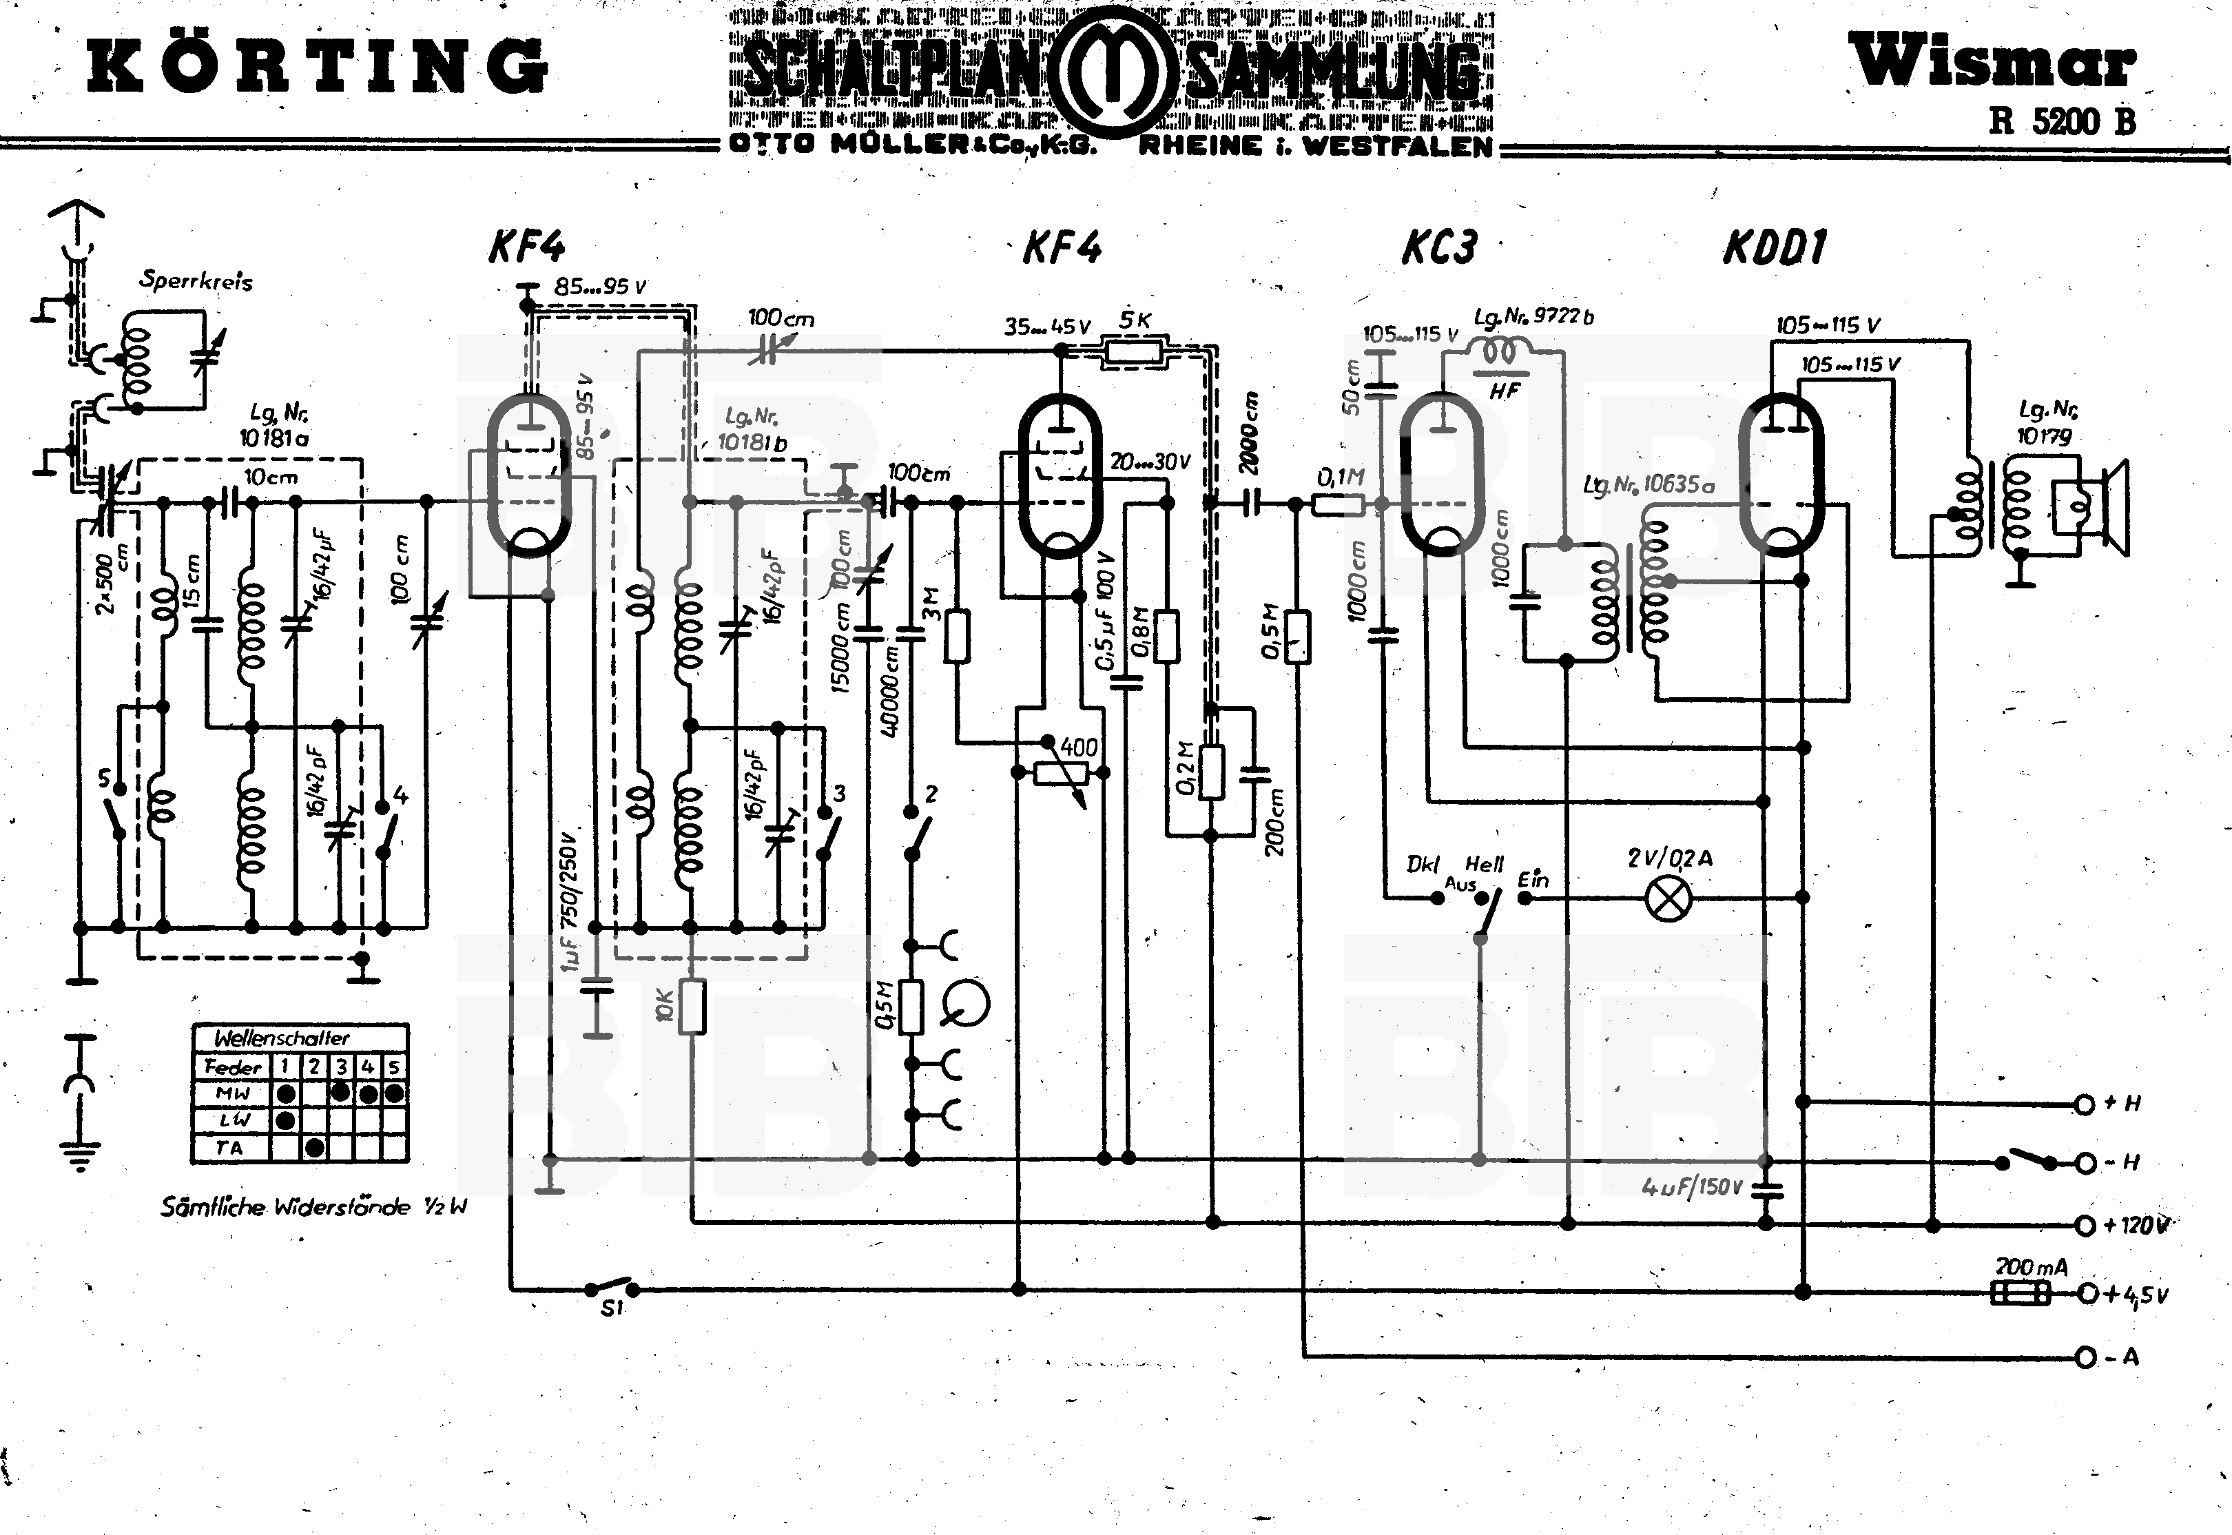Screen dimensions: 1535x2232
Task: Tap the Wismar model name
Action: (x=1992, y=63)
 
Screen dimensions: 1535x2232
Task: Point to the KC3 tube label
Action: (x=1438, y=247)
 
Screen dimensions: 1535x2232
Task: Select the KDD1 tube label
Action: (x=1775, y=247)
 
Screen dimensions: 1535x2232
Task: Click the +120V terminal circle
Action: (x=2085, y=1225)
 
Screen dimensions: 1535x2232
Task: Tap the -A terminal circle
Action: (x=2085, y=1357)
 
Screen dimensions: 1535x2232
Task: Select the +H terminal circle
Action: (x=2085, y=1104)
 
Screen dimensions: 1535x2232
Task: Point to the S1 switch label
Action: (x=612, y=1309)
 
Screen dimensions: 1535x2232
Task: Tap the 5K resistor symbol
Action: (x=1135, y=351)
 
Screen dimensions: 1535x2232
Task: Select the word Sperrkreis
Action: (x=196, y=281)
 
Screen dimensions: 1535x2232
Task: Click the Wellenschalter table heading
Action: (x=281, y=1038)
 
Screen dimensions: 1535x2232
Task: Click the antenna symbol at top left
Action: (x=75, y=216)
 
